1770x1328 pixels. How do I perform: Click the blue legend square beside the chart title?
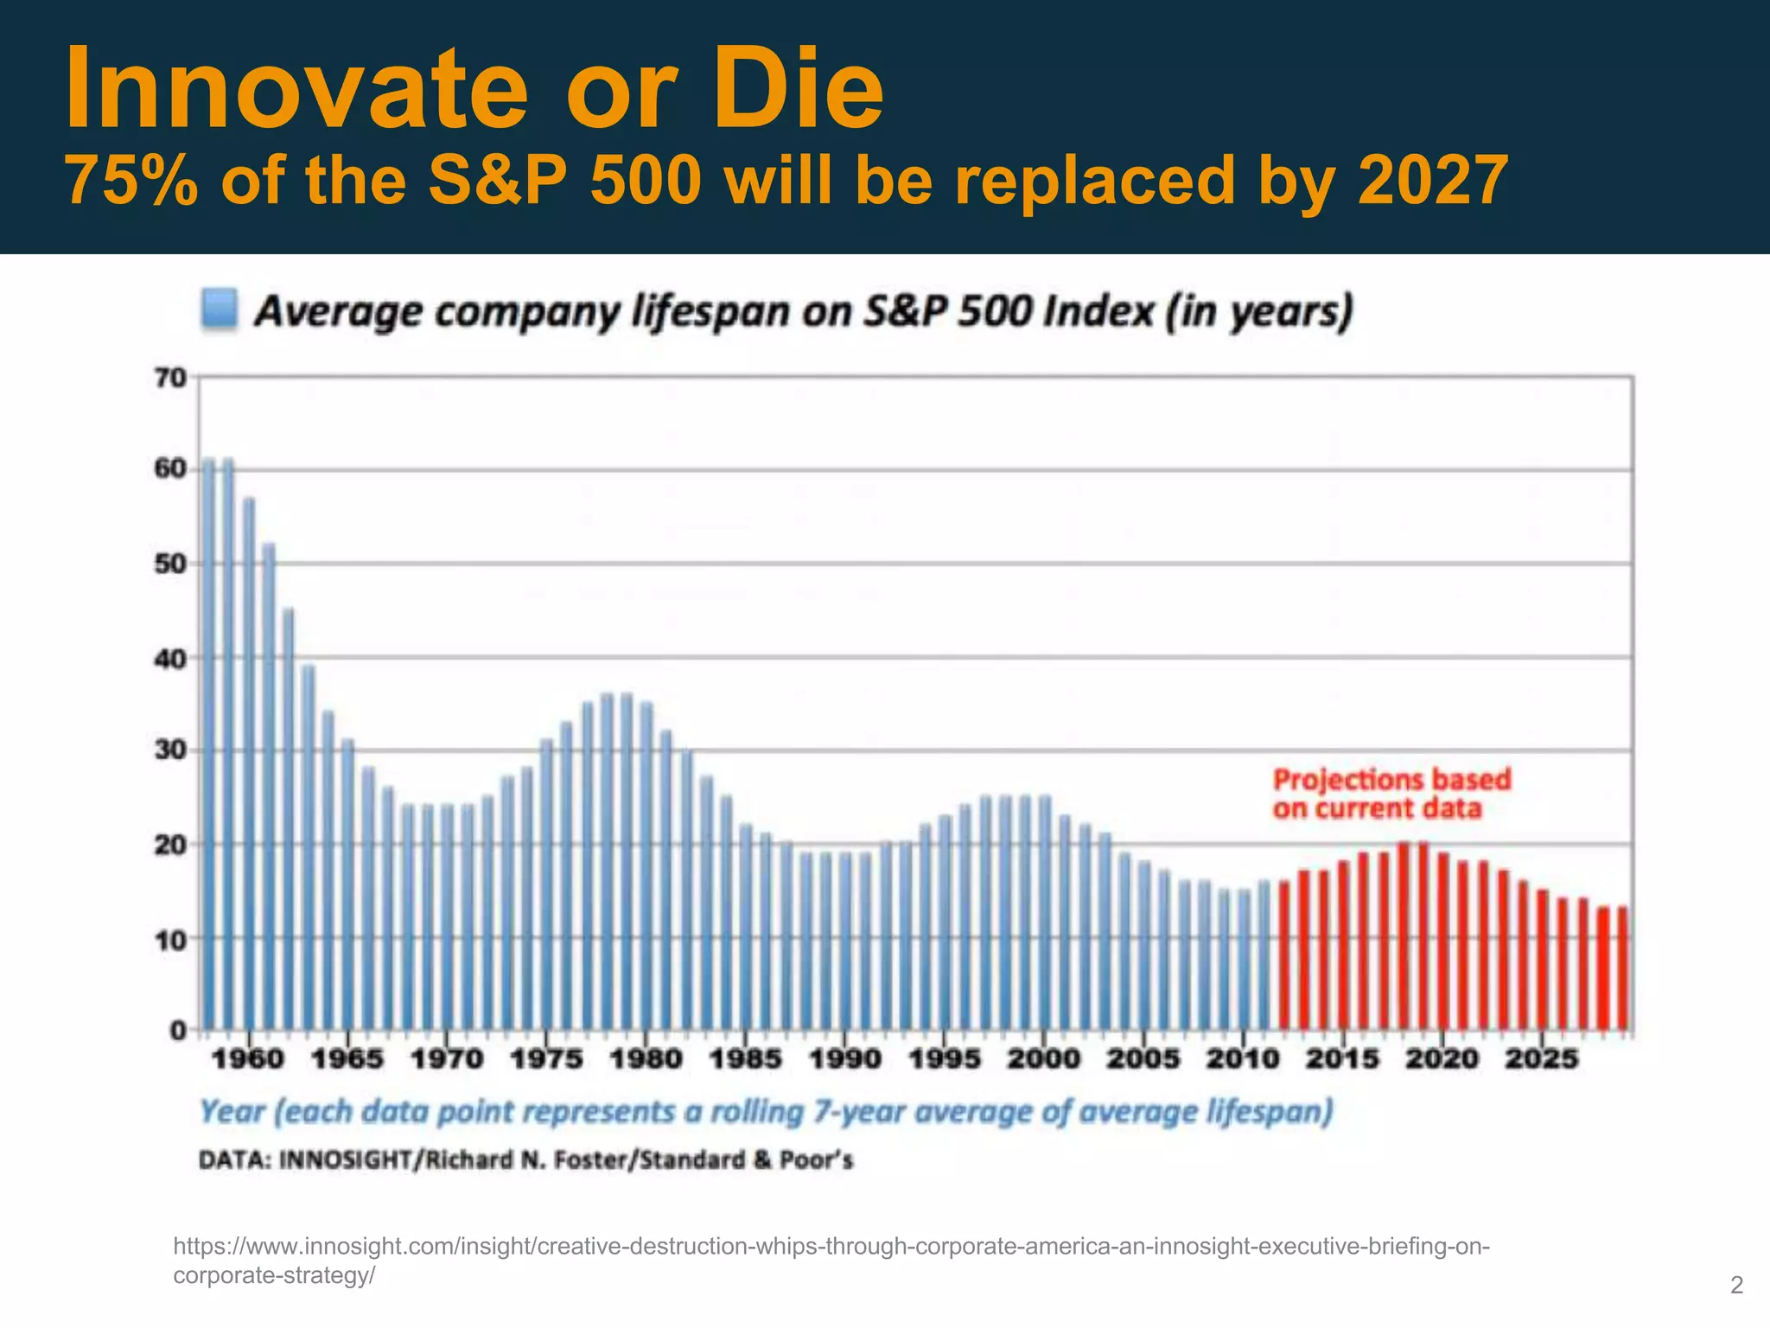click(x=219, y=310)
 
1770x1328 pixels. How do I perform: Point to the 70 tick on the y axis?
click(x=169, y=378)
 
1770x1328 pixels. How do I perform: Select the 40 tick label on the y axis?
click(x=169, y=659)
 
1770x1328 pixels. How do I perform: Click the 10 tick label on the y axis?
click(x=169, y=940)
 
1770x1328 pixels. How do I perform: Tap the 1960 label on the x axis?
click(x=248, y=1058)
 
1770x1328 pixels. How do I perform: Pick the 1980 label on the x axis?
click(x=646, y=1058)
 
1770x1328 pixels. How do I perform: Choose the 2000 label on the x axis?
click(x=1044, y=1058)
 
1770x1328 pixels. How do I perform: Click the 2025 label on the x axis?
click(x=1542, y=1058)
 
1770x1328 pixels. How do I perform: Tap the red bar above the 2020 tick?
click(x=1442, y=942)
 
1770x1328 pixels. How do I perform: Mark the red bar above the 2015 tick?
click(x=1343, y=947)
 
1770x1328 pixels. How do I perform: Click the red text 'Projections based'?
click(x=1391, y=780)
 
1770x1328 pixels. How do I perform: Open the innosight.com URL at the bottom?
click(x=830, y=1247)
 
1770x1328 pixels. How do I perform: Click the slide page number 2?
click(x=1736, y=1286)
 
